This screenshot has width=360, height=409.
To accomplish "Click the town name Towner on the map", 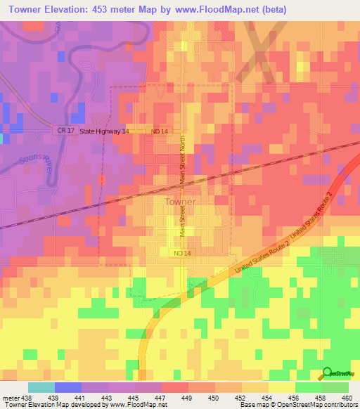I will pyautogui.click(x=180, y=201).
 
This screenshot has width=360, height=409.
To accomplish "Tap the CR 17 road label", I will pyautogui.click(x=65, y=131).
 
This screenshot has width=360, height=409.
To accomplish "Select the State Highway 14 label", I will pyautogui.click(x=104, y=131).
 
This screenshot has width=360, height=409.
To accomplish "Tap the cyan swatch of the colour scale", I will pyautogui.click(x=41, y=387).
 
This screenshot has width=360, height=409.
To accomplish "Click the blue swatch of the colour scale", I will pyautogui.click(x=68, y=387).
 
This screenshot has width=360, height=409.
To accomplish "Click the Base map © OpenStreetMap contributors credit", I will pyautogui.click(x=298, y=405).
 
